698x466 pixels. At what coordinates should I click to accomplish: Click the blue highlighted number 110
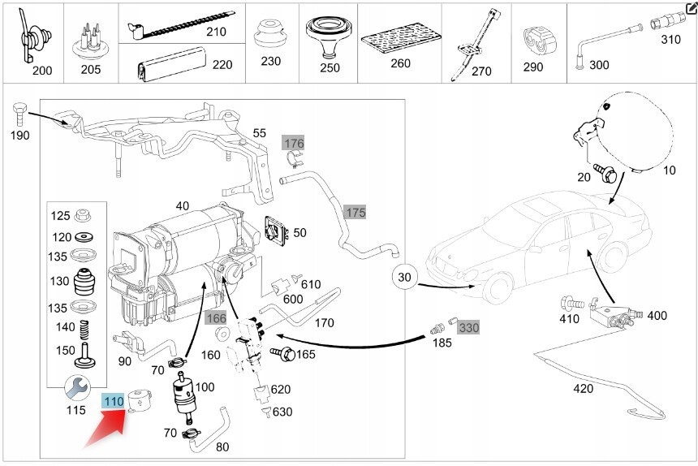pyautogui.click(x=112, y=400)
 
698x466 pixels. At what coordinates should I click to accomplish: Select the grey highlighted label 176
pyautogui.click(x=293, y=144)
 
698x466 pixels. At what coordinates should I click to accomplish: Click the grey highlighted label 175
pyautogui.click(x=355, y=213)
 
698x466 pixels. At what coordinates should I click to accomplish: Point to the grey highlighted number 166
pyautogui.click(x=216, y=317)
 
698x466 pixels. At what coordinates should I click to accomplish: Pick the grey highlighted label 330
pyautogui.click(x=469, y=328)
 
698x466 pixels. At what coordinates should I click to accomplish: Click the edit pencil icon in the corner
pyautogui.click(x=691, y=7)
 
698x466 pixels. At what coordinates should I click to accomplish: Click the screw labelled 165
pyautogui.click(x=282, y=354)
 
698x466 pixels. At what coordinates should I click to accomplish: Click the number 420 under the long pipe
pyautogui.click(x=583, y=389)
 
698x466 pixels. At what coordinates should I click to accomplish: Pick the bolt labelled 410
pyautogui.click(x=569, y=303)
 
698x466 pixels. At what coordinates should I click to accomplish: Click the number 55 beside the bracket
pyautogui.click(x=259, y=132)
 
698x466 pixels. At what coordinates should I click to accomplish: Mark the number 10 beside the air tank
pyautogui.click(x=670, y=171)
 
